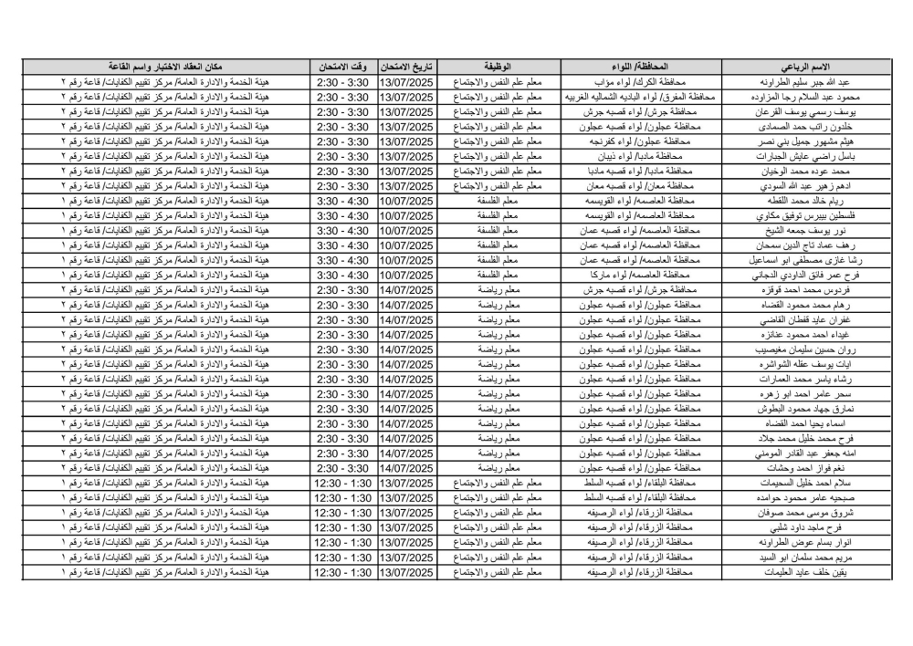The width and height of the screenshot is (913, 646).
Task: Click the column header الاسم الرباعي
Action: coord(806,68)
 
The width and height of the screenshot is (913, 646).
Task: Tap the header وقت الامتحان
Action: coord(341,68)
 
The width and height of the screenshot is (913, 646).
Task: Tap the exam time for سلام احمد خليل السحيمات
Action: coord(341,484)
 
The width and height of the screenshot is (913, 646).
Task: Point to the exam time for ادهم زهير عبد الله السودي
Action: coord(341,186)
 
